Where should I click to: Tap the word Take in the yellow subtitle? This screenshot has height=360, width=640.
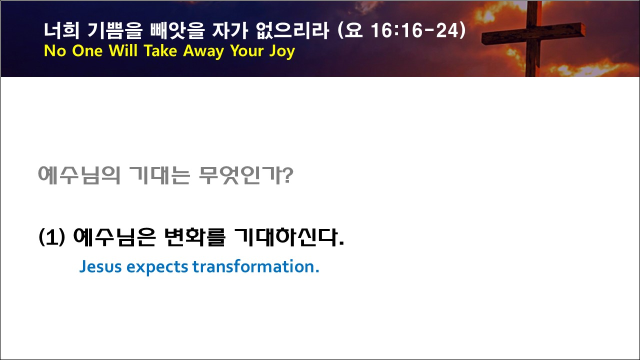coord(160,50)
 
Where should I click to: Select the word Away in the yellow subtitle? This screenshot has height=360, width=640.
coord(203,51)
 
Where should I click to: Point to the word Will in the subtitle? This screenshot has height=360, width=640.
coord(123,50)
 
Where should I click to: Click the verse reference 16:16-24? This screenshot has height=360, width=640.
coord(414,30)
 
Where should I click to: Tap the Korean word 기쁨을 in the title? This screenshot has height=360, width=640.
coord(114,30)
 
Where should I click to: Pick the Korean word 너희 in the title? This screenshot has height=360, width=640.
coord(61,30)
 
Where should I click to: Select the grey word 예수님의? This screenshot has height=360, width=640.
coord(79,175)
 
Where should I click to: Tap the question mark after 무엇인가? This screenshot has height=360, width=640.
coord(288,175)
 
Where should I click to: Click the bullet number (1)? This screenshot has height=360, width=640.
coord(51,237)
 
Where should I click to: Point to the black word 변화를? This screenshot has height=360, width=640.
coord(195,237)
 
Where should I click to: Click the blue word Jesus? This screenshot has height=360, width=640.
coord(100,267)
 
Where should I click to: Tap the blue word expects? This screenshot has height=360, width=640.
coord(157,267)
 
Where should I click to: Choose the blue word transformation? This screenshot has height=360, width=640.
coord(253,266)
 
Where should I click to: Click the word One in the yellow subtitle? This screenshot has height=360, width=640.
coord(87,50)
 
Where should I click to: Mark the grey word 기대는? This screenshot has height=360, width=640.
coord(159,175)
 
